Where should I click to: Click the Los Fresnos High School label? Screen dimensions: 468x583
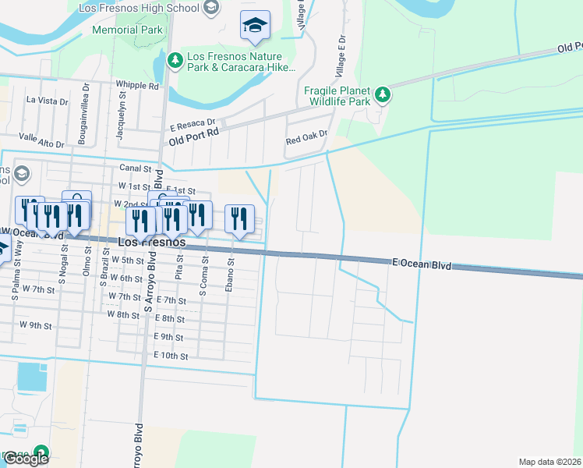click(x=139, y=8)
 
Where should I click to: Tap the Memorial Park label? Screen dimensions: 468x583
click(x=128, y=30)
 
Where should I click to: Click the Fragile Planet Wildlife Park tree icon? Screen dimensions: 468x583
click(x=382, y=95)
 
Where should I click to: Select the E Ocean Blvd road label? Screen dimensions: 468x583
click(x=421, y=265)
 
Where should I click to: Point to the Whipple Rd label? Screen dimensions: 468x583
click(x=136, y=84)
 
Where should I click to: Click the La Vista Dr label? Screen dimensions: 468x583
click(x=48, y=101)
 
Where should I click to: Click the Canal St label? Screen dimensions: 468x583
click(x=134, y=168)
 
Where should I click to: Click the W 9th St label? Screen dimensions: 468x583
click(x=35, y=324)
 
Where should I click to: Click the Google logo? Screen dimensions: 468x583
click(x=25, y=459)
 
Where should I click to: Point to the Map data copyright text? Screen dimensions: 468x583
click(x=549, y=462)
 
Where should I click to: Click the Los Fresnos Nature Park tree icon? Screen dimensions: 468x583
click(x=175, y=59)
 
